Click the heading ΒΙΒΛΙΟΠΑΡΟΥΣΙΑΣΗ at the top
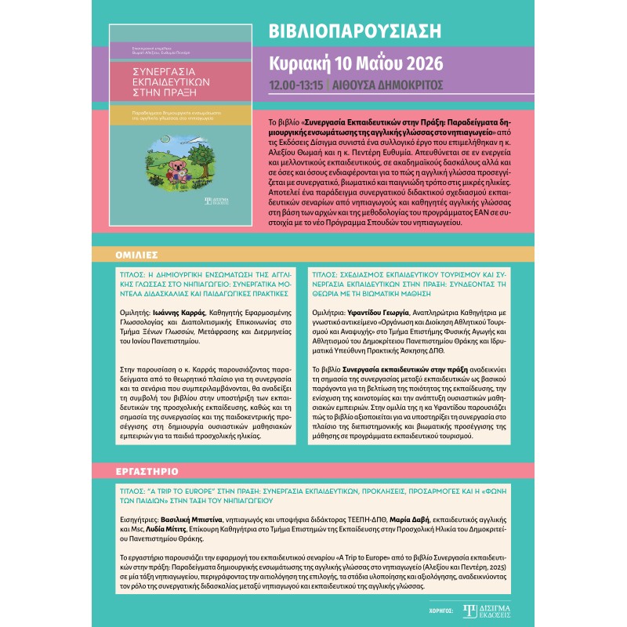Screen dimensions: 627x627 [x=354, y=31]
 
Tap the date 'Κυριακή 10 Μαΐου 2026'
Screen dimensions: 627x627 [x=356, y=63]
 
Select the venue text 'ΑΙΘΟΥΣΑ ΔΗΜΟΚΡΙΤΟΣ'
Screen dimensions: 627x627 [x=389, y=85]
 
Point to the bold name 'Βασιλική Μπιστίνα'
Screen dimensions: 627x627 [x=191, y=519]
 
